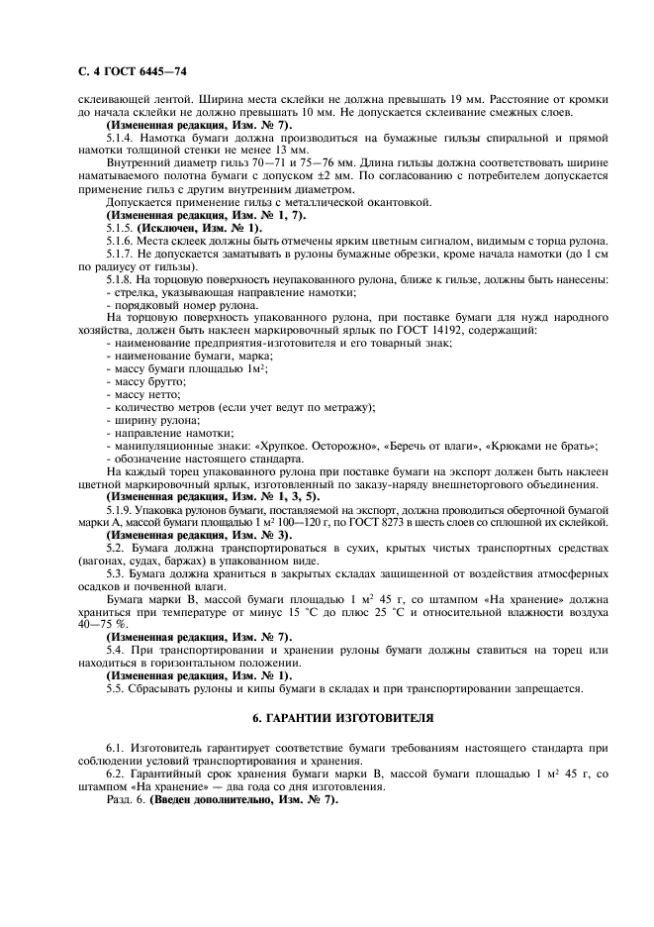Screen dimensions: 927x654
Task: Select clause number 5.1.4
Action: tap(121, 139)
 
